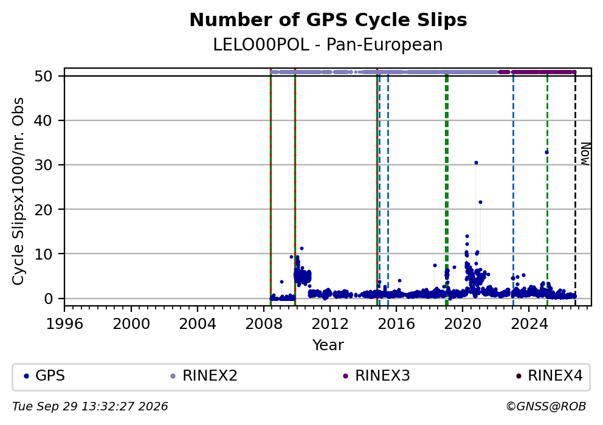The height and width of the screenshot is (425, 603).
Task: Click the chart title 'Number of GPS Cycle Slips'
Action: [328, 20]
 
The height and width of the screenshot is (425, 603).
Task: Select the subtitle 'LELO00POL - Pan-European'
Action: [328, 45]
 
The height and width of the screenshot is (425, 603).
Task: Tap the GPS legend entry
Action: [44, 376]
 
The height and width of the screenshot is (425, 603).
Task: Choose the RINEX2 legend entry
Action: [204, 376]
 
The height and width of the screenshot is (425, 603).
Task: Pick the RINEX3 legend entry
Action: [376, 376]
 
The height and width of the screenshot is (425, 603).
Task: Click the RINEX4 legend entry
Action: [549, 376]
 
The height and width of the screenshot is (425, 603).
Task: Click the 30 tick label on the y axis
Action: [43, 165]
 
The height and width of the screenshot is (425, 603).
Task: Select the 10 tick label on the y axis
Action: [43, 254]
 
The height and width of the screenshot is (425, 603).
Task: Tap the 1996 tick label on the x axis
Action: [64, 324]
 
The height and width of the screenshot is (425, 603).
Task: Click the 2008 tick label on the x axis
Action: [263, 324]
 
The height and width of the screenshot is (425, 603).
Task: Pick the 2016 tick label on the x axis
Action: [396, 324]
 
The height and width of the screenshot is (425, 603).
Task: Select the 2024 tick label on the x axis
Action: [529, 324]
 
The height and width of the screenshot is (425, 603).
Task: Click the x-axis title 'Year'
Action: [328, 345]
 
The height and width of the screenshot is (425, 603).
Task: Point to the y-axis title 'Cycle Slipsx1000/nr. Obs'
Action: [18, 191]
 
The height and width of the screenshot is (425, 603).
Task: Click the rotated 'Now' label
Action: [585, 154]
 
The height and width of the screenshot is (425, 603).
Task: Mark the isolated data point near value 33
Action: [546, 153]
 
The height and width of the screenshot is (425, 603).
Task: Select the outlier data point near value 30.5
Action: [476, 163]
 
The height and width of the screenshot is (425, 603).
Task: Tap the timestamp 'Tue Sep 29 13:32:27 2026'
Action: [90, 407]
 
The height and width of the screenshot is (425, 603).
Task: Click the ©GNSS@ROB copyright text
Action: [546, 407]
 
